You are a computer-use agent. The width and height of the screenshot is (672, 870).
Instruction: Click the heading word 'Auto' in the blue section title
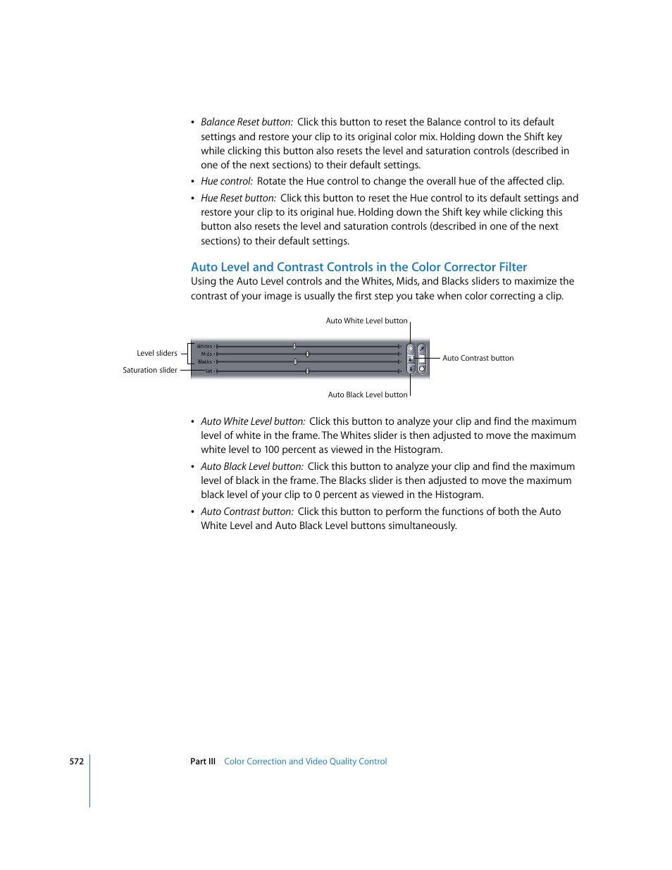click(x=204, y=267)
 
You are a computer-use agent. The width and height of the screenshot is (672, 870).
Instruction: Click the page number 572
click(x=76, y=762)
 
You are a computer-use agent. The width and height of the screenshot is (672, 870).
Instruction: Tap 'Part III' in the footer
click(x=203, y=762)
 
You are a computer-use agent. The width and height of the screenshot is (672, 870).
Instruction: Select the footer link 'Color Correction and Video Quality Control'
click(x=305, y=762)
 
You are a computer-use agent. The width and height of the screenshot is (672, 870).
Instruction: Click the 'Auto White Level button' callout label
click(x=366, y=321)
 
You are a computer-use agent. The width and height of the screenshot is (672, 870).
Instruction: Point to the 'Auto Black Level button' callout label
click(x=367, y=395)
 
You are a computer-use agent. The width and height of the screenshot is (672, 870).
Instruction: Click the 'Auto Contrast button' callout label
click(x=478, y=359)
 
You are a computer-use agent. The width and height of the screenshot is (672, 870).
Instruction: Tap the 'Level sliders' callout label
click(x=157, y=354)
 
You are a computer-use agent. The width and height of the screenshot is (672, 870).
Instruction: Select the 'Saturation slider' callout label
click(x=150, y=371)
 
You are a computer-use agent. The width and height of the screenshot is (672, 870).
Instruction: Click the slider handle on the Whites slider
click(x=294, y=347)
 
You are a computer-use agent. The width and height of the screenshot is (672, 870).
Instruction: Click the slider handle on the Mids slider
click(x=307, y=354)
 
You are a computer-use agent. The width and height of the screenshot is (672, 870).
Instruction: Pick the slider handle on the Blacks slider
click(x=295, y=362)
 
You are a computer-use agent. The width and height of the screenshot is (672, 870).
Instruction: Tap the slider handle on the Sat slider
click(x=307, y=371)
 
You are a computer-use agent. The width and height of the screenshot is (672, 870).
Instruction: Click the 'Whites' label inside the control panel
click(x=204, y=347)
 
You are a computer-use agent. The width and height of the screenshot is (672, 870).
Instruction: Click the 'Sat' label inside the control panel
click(x=209, y=371)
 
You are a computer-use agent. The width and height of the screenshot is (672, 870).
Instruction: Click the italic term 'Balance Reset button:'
click(x=247, y=122)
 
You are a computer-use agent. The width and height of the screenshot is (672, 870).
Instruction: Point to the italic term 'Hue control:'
click(x=226, y=181)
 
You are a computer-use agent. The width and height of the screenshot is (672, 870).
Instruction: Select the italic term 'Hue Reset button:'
click(x=238, y=198)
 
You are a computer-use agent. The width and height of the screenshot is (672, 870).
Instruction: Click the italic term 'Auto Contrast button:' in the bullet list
click(x=247, y=511)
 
